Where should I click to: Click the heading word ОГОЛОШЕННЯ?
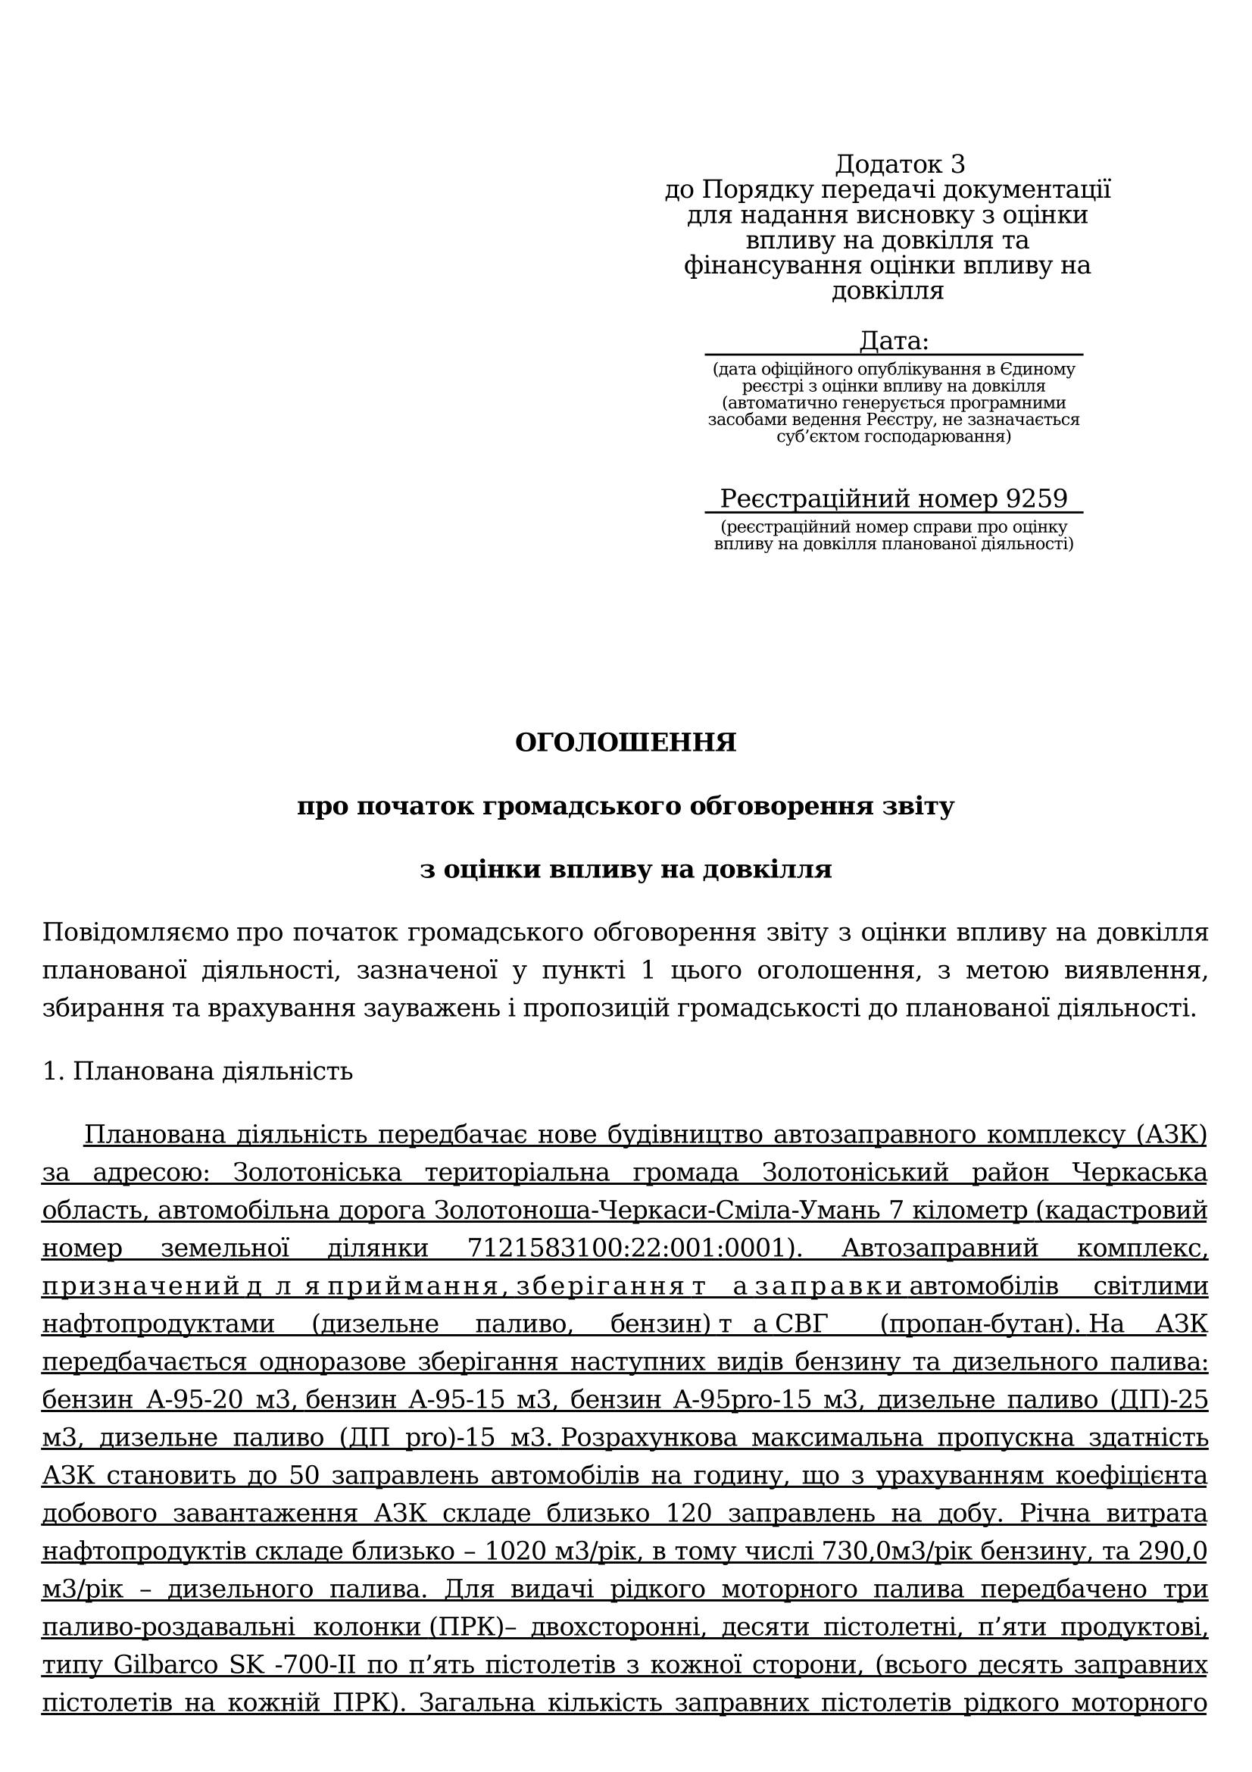coord(626,742)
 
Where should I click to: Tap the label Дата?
coord(894,340)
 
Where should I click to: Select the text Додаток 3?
coord(900,164)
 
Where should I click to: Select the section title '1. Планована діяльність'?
coord(198,1071)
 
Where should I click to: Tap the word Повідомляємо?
coord(135,932)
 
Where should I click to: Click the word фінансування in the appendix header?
coord(773,265)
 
